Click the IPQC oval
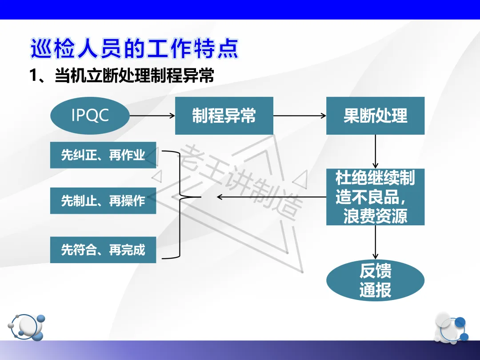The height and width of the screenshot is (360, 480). pos(90,116)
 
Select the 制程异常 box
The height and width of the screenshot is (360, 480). pos(224,116)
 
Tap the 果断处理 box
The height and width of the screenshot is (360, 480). pos(375,116)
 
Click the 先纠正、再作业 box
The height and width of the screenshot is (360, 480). pos(103,155)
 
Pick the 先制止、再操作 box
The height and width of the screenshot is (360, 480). pos(103,200)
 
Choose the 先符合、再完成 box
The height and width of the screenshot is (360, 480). pos(103,250)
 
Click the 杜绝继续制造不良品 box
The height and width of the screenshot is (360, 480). pos(375,196)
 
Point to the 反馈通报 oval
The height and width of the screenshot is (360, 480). pos(375,280)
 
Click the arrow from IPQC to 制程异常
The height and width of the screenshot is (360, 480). pos(152,116)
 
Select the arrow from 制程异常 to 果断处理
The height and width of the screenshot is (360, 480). pos(300,116)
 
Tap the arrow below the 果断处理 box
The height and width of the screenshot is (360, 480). pos(376,151)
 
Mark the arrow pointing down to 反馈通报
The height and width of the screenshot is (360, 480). pos(376,242)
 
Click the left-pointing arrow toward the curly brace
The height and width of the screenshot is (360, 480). pos(271,196)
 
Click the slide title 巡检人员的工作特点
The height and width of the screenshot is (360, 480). pos(134,49)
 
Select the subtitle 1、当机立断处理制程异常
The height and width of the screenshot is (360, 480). pos(121,76)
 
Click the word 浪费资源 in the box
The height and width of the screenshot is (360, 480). pos(375,216)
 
